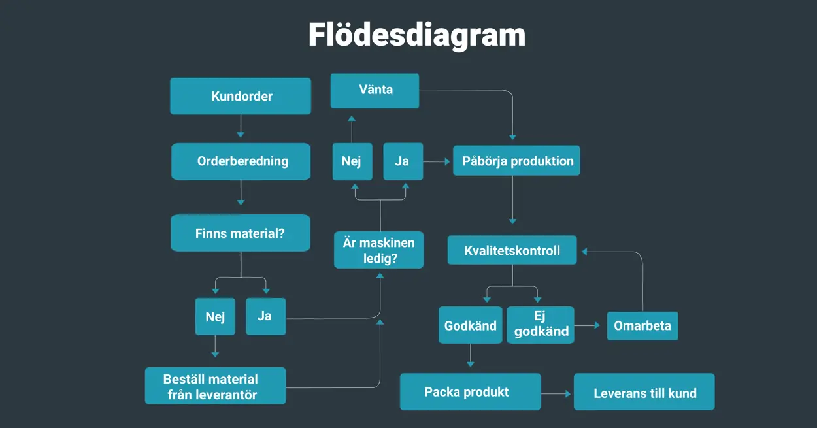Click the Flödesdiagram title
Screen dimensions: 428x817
[416, 34]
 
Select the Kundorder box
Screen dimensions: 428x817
[241, 96]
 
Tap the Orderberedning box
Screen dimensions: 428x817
[241, 161]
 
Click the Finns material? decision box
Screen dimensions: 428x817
[241, 233]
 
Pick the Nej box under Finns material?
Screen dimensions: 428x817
[215, 317]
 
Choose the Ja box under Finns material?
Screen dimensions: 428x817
[265, 316]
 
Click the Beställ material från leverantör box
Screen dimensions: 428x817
[215, 386]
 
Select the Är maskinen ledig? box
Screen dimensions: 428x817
[379, 250]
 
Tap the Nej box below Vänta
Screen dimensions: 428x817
[352, 161]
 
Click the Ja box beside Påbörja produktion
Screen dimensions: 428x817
[403, 161]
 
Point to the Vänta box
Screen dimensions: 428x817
[375, 90]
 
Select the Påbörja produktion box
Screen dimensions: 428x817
[516, 161]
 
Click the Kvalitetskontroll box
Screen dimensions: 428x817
[512, 250]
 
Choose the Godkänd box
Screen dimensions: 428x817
[470, 325]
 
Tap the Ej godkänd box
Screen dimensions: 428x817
[541, 325]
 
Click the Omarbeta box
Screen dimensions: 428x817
[642, 325]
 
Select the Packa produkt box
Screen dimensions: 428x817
[470, 392]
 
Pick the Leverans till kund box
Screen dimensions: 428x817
[644, 392]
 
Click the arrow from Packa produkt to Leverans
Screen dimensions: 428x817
[557, 394]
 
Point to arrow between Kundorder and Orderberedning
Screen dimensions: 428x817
[241, 126]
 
